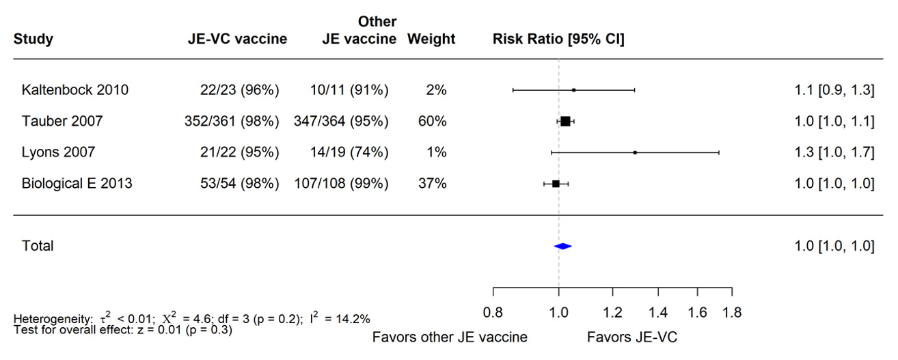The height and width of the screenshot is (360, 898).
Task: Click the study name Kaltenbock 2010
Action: [74, 90]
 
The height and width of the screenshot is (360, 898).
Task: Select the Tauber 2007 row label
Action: [62, 122]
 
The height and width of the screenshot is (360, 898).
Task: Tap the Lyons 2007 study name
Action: [58, 152]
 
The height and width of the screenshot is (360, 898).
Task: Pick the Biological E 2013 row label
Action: [77, 184]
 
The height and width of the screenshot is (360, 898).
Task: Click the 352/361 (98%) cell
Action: [232, 122]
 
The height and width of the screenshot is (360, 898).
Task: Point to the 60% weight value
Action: [433, 122]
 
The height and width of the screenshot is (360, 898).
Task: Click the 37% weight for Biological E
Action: [433, 184]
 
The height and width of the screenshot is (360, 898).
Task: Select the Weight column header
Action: [431, 39]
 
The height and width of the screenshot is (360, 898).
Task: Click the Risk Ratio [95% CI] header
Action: [558, 39]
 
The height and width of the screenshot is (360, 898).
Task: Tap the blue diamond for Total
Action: [562, 247]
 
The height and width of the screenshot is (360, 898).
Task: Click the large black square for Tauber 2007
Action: [565, 122]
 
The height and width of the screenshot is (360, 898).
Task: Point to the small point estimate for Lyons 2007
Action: [635, 152]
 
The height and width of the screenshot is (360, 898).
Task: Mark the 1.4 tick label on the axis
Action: [658, 313]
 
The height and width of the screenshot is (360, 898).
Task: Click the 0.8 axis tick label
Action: [493, 313]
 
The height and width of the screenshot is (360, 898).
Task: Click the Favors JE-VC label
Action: [631, 337]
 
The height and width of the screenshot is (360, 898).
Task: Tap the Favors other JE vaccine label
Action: [450, 337]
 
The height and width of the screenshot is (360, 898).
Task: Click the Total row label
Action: [38, 246]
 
